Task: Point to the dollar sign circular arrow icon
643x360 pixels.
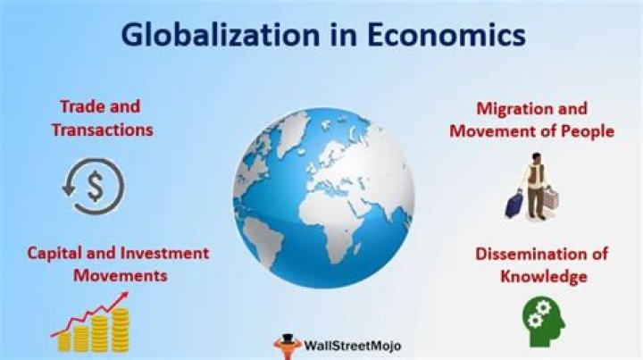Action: coord(92,186)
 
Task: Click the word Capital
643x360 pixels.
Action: coord(60,255)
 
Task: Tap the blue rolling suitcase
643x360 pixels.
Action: coord(514,205)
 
